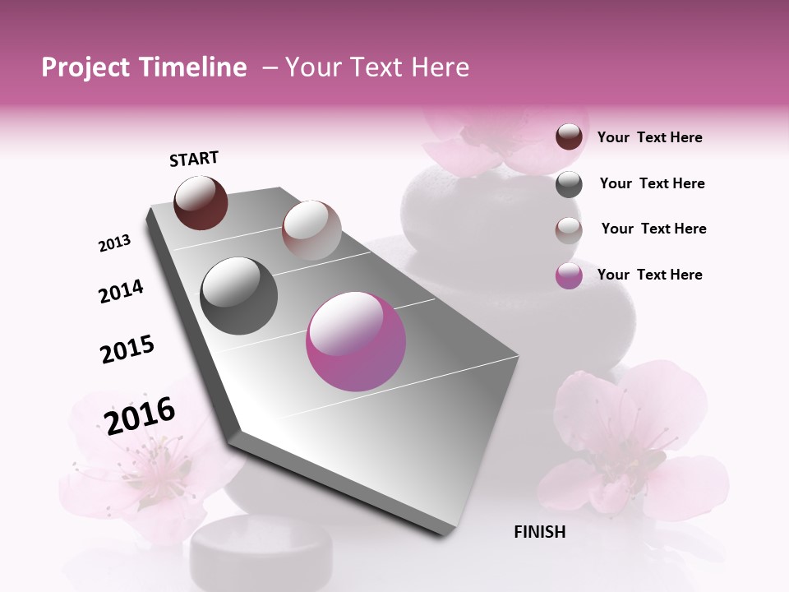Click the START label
[x=194, y=159]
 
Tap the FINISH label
[x=539, y=532]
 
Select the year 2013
[x=114, y=243]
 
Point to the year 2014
[x=121, y=291]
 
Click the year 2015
[x=127, y=349]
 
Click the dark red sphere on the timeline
[x=201, y=202]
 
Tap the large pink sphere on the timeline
[x=356, y=341]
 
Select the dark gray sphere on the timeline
[x=239, y=296]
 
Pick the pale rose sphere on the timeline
[x=311, y=230]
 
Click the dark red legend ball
[x=569, y=136]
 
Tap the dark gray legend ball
[x=569, y=184]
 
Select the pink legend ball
[x=569, y=275]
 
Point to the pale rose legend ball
[x=569, y=230]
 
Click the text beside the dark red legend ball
[x=649, y=137]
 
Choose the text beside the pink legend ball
[x=649, y=275]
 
